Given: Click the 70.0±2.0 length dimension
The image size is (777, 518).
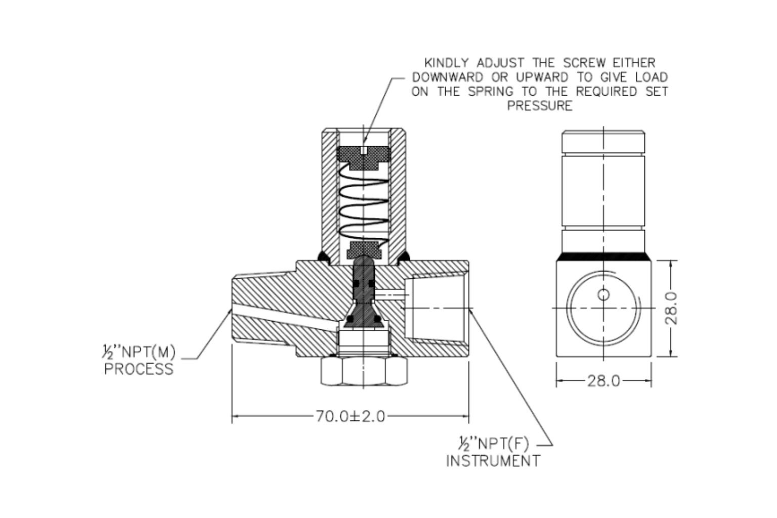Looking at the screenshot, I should [350, 416].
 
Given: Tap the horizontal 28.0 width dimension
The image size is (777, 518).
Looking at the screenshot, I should [603, 380].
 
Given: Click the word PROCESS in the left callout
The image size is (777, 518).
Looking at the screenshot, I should [139, 369].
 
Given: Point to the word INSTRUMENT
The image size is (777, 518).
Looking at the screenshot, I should [493, 461].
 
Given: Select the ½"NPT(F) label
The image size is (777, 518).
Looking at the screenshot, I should [491, 444].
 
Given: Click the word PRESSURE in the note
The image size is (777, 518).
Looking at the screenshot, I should [540, 106].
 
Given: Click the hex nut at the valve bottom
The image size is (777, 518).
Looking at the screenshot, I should [364, 373].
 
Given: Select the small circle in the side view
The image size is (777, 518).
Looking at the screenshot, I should [603, 294].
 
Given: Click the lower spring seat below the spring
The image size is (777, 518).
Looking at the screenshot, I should [364, 248].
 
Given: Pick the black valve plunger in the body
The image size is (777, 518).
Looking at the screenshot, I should [364, 293].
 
